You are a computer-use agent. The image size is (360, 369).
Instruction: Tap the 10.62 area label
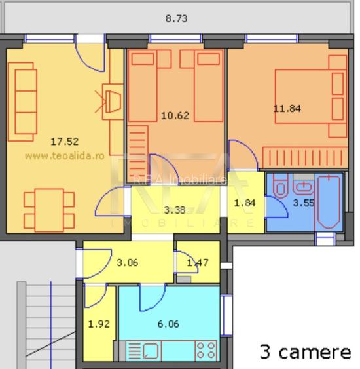[x=175, y=116]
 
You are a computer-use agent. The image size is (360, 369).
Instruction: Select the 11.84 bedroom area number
[x=287, y=109]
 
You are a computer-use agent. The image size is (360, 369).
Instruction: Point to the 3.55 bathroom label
[x=303, y=203]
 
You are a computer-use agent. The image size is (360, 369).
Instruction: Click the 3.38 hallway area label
[x=175, y=210]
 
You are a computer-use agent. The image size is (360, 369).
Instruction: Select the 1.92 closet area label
[x=99, y=323]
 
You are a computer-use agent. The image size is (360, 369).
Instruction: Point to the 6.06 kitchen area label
[x=168, y=323]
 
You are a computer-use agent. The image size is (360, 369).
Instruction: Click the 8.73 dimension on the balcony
[x=176, y=19]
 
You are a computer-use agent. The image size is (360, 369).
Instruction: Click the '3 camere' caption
[x=305, y=352]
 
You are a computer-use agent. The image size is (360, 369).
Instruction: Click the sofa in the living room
[x=22, y=102]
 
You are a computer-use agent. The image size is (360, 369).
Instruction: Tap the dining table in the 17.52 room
[x=45, y=209]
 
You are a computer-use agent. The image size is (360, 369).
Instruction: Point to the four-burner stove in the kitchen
[x=206, y=351]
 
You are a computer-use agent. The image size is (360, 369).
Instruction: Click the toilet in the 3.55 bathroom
[x=279, y=192]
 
